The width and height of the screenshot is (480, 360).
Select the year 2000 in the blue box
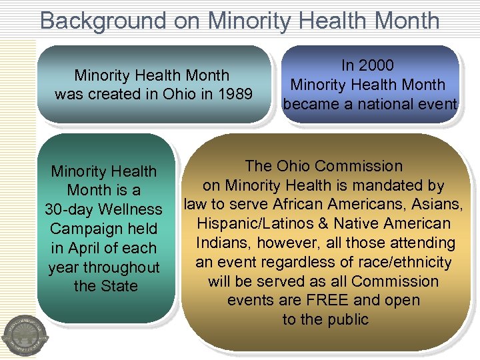[377, 65]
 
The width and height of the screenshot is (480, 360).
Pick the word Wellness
[131, 209]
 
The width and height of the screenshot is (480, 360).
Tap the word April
[83, 248]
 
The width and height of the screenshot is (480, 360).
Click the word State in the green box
[119, 287]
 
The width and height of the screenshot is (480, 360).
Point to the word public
[345, 320]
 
